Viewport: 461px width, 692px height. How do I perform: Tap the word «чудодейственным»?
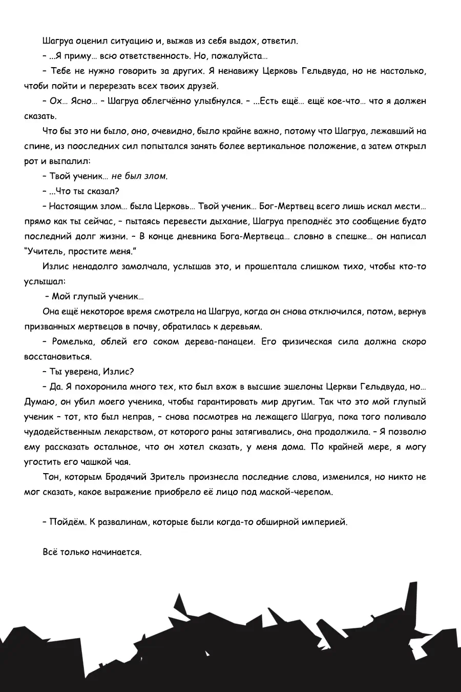64,432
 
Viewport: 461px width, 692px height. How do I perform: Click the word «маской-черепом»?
297,492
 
